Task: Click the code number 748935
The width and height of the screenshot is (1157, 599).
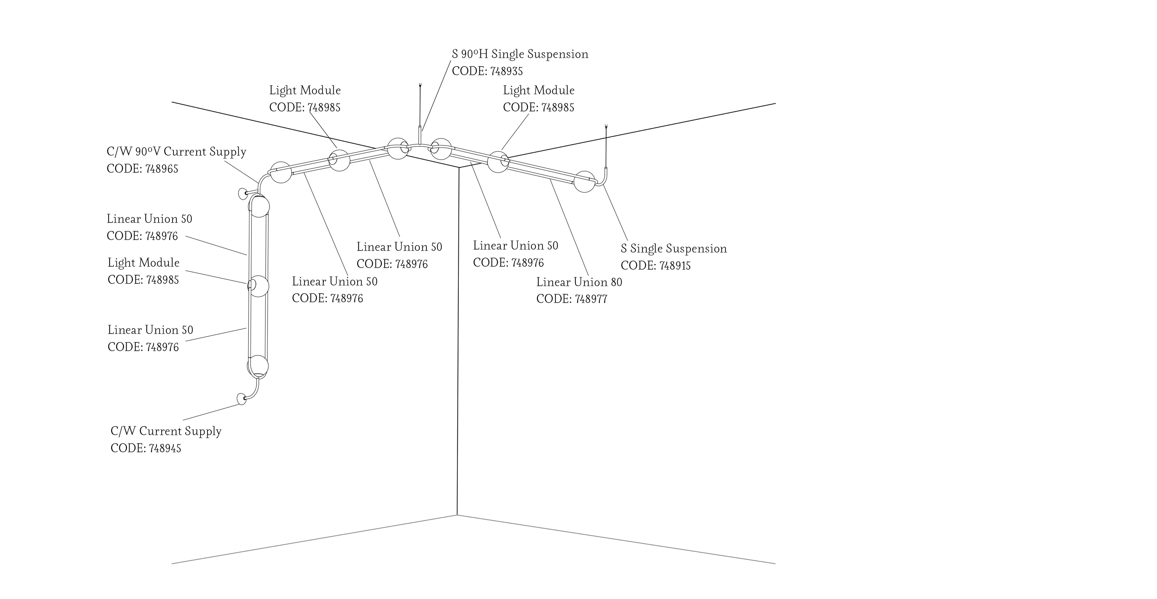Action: click(506, 71)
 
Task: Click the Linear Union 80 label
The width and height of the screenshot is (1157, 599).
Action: click(579, 282)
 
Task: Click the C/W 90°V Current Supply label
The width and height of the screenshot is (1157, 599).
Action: click(177, 152)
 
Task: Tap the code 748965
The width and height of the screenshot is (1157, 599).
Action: click(162, 169)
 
